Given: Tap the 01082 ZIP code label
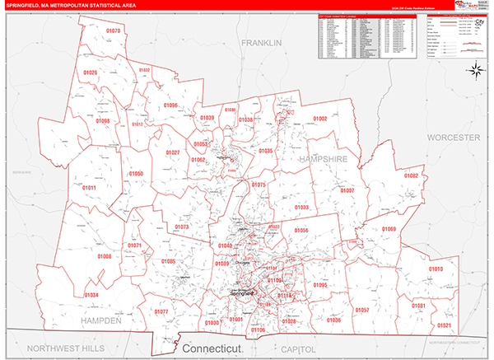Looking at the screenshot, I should (410, 175).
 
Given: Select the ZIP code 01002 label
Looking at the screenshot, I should (319, 119).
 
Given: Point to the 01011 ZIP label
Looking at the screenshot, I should (89, 189).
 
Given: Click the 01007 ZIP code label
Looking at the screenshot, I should (347, 190).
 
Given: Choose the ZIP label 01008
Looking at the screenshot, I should (105, 256).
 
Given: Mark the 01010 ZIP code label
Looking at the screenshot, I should (436, 269).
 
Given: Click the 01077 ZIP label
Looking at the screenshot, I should (161, 311).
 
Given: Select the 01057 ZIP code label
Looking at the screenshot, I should (361, 310).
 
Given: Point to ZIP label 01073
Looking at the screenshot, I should (182, 227).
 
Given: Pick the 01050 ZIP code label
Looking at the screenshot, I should (136, 174).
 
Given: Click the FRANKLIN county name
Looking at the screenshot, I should (262, 42).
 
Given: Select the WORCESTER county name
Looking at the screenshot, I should (453, 137).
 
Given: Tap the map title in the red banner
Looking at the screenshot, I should (74, 7).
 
